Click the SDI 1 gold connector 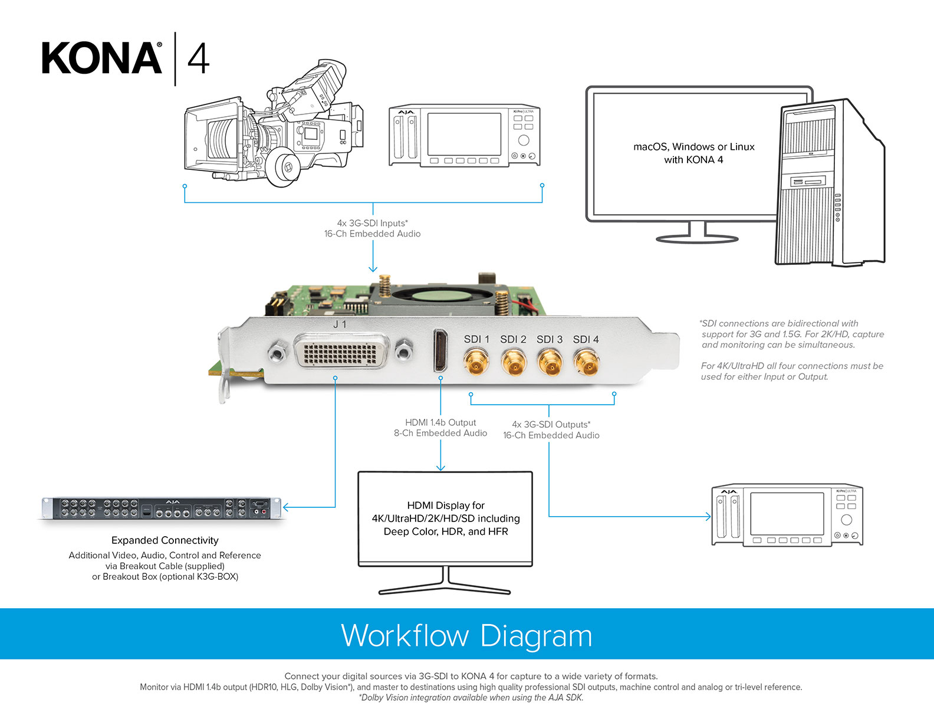[x=476, y=361]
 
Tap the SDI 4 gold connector [x=586, y=361]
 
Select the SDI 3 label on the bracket [x=550, y=339]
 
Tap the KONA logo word [x=102, y=58]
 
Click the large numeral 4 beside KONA [x=198, y=59]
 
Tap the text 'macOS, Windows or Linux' [x=693, y=147]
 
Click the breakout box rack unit [x=161, y=508]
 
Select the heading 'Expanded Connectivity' [x=165, y=540]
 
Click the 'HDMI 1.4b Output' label [x=440, y=422]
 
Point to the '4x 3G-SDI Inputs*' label [x=372, y=223]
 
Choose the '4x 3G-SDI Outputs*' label [x=551, y=424]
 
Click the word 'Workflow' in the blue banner [x=405, y=636]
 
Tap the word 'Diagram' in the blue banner [x=536, y=636]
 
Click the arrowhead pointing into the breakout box [x=286, y=507]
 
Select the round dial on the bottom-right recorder [x=846, y=520]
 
